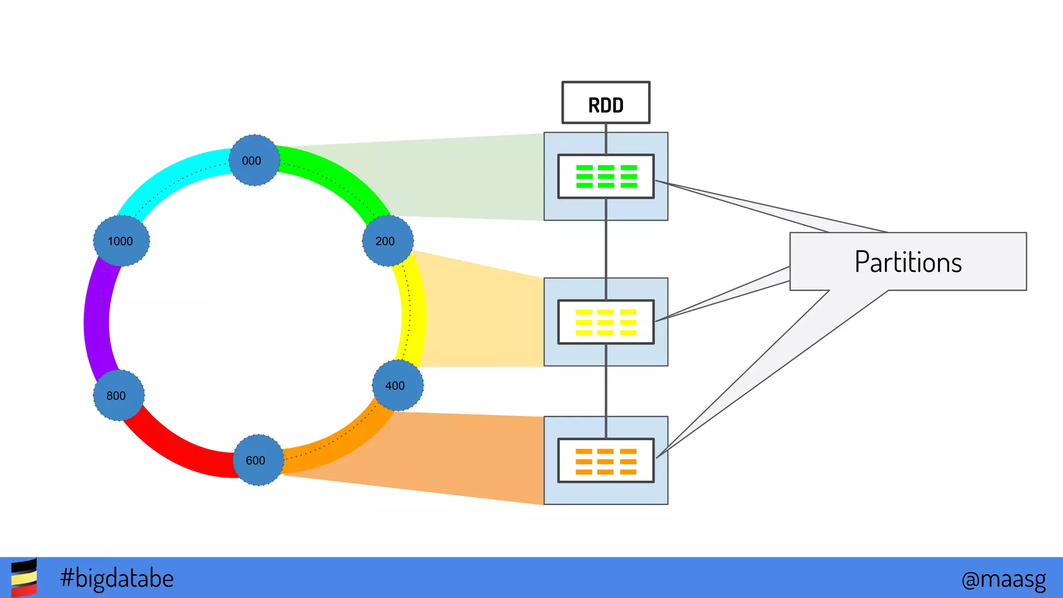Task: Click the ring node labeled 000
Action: point(254,160)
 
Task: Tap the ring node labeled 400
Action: point(398,385)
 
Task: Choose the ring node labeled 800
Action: point(118,395)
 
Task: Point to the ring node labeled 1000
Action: point(121,241)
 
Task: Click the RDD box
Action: point(606,103)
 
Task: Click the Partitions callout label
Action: point(908,262)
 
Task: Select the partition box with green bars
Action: point(606,176)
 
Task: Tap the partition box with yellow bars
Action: point(606,322)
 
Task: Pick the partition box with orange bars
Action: point(606,460)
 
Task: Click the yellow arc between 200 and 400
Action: point(414,311)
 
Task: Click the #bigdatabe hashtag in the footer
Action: point(117,578)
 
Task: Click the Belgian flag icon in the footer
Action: point(24,578)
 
